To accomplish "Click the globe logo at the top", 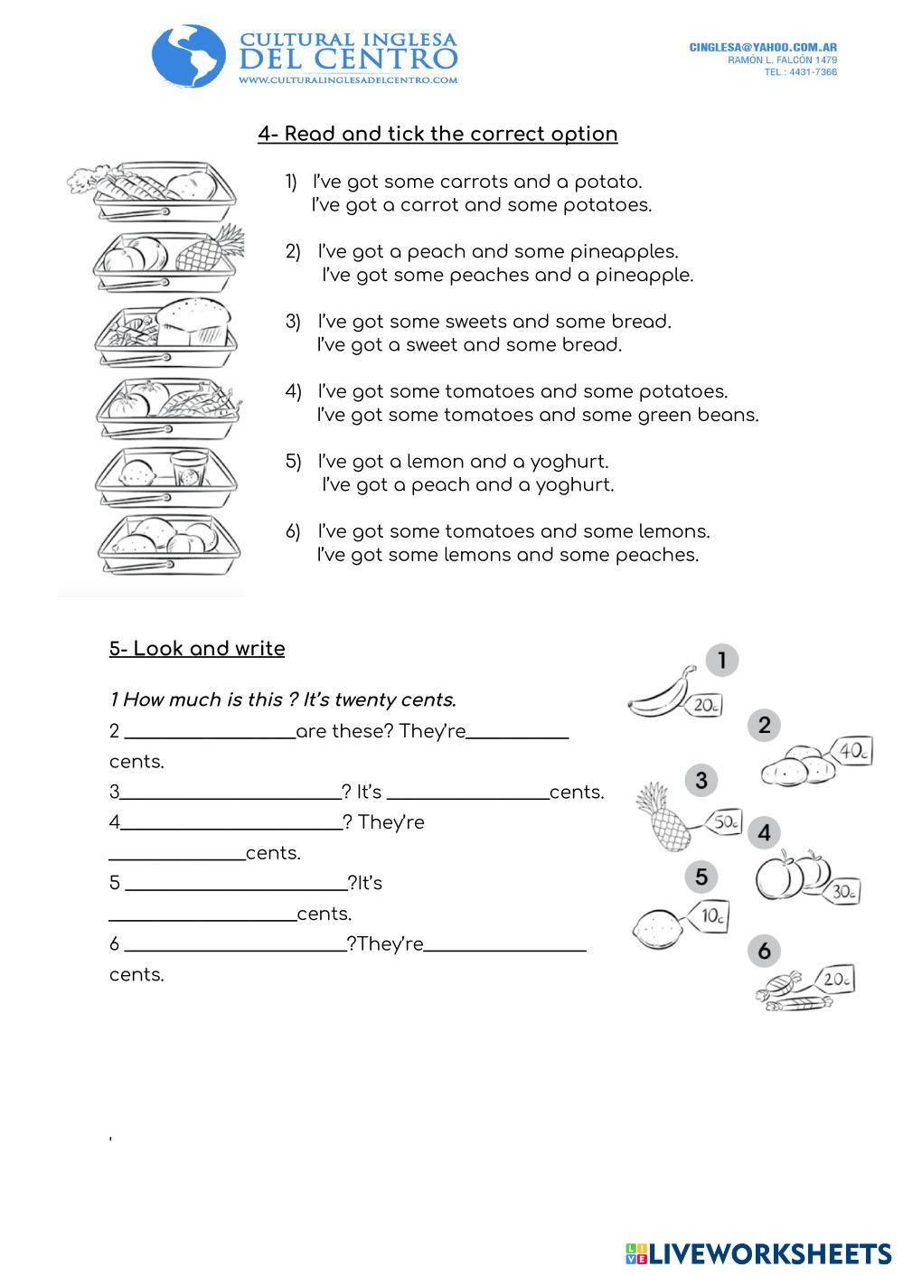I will [189, 56].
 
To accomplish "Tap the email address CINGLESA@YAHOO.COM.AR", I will [762, 47].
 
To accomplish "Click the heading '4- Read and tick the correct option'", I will [437, 134].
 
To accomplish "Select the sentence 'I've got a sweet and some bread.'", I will [468, 345].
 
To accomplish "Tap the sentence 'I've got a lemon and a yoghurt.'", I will [463, 462].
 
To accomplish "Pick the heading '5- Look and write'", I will [197, 649].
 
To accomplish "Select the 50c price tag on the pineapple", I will [726, 822].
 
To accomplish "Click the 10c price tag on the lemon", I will [711, 916].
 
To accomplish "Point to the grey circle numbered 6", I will [764, 951].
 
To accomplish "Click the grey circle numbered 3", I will [701, 781].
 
